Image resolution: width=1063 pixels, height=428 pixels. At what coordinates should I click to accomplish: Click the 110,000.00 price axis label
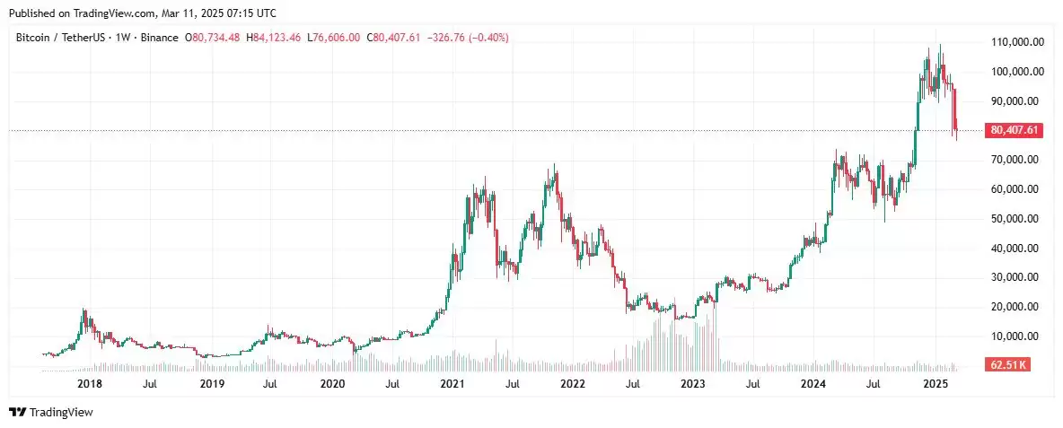pos(1017,42)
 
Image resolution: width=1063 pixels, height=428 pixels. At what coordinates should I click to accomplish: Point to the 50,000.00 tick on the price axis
pos(1017,219)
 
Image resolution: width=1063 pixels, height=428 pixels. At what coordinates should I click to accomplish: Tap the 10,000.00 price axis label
pos(1017,336)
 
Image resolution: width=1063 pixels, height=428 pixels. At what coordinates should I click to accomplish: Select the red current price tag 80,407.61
pos(1015,130)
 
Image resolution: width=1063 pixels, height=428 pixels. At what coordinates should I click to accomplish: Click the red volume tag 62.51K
pos(1006,365)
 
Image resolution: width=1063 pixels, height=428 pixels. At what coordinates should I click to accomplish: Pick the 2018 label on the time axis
pos(89,384)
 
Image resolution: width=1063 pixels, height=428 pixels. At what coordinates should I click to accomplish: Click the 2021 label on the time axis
pos(452,384)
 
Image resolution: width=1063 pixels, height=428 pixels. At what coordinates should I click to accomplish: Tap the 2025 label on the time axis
pos(936,384)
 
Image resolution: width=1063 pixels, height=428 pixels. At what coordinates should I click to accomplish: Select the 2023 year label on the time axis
pos(692,384)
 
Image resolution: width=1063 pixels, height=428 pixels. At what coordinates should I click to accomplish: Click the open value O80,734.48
pos(212,38)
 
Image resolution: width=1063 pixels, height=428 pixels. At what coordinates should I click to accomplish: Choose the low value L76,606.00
pos(334,38)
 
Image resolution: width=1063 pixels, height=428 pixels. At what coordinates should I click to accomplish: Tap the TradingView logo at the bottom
pos(51,412)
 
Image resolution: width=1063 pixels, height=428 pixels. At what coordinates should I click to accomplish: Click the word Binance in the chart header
pos(159,38)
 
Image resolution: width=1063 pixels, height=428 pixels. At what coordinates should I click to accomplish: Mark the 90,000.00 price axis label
pos(1017,101)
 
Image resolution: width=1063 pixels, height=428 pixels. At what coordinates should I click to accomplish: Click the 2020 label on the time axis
pos(332,384)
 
